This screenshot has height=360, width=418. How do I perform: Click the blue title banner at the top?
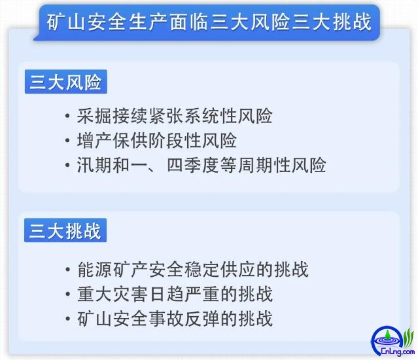click(207, 22)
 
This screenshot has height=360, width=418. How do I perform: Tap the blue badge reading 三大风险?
click(66, 82)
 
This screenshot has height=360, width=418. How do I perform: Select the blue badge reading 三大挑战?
click(65, 230)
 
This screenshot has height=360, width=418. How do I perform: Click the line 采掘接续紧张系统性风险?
click(175, 116)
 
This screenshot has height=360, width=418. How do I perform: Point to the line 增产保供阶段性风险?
click(157, 140)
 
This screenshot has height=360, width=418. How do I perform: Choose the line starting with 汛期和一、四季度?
click(201, 165)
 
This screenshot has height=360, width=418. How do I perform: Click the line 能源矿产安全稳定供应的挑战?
click(193, 269)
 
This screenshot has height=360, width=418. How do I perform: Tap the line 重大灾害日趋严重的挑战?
click(175, 294)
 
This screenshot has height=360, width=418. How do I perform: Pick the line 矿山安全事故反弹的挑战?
click(175, 318)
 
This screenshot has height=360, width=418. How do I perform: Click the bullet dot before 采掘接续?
click(68, 117)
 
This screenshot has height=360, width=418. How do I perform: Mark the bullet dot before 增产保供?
click(68, 141)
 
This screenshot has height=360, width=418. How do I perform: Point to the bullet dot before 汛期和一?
click(68, 166)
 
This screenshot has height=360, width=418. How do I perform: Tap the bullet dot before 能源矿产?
click(68, 270)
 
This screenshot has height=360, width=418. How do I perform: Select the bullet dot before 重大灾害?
click(68, 294)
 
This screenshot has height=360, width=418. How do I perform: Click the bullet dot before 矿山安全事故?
click(68, 319)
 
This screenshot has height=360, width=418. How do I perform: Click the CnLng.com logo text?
click(398, 351)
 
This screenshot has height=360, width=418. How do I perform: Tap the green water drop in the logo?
click(387, 334)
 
